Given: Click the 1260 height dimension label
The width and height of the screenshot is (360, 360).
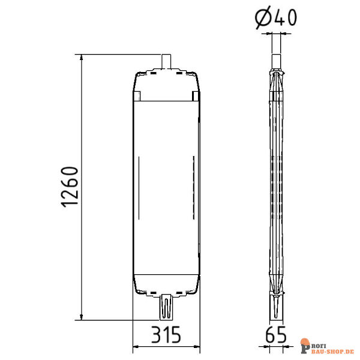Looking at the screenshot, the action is pos(70,187).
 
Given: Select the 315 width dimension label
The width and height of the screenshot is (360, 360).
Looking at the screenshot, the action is pos(166,335).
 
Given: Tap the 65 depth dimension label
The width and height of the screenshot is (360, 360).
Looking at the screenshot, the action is pos(276,335).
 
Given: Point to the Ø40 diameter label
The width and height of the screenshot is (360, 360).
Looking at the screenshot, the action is pos(276,17).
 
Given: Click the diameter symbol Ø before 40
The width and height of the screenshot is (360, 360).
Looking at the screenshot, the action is pos(263,17).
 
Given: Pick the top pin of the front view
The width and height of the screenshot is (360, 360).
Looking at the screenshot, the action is pos(166,61).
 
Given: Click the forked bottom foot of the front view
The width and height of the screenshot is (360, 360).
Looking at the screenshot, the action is pos(166,307).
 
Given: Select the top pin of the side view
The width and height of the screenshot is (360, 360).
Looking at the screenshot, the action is pos(276,61).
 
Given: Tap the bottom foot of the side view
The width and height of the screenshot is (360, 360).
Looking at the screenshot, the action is pos(276,307).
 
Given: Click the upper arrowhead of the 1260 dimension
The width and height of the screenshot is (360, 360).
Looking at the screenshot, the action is pos(81,57).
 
